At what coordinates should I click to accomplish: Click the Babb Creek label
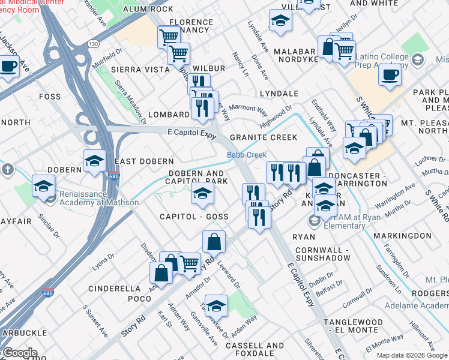(x=246, y=155)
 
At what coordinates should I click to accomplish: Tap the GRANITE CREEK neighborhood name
(x=267, y=137)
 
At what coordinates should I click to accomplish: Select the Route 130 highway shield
(x=93, y=44)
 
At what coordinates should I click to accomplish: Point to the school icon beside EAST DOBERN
(x=94, y=161)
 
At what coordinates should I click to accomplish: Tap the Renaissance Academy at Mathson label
(x=98, y=198)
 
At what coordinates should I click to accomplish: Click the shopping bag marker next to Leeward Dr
(x=214, y=242)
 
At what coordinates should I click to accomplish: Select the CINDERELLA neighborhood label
(x=114, y=289)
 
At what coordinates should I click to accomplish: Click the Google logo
(x=20, y=353)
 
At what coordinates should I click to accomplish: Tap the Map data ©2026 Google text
(x=412, y=355)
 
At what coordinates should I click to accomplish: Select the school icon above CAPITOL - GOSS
(x=202, y=193)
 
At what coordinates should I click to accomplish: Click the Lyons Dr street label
(x=107, y=260)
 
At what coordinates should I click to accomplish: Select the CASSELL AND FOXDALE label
(x=255, y=350)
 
